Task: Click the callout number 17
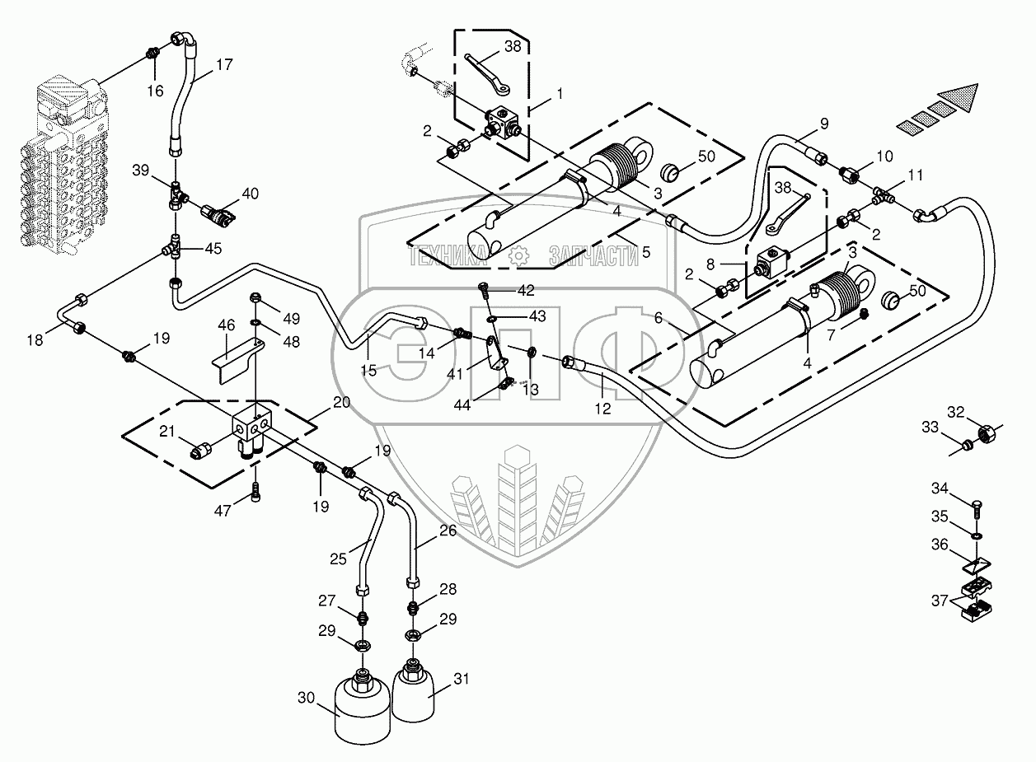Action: [224, 64]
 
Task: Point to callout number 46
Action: [227, 327]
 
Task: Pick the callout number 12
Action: [603, 409]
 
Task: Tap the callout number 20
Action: [342, 402]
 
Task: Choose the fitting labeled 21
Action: [201, 449]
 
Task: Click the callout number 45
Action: [213, 248]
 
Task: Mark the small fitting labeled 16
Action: [152, 54]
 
